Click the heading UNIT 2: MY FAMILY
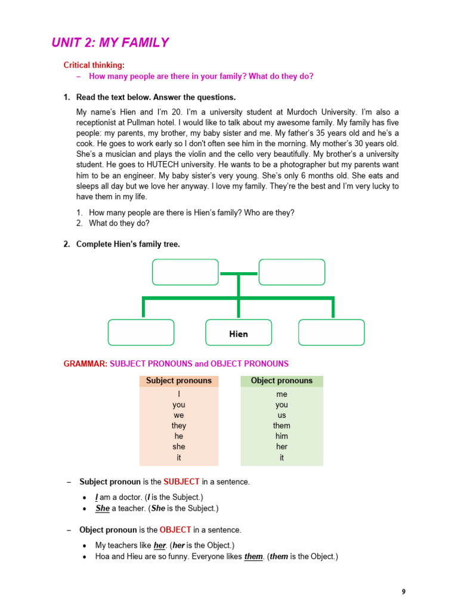110,42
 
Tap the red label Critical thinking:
94,66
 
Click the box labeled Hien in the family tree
239,333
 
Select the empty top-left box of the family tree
185,272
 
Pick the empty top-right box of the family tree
292,272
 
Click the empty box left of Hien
141,332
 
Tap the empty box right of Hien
331,332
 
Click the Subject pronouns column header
179,381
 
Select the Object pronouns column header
281,381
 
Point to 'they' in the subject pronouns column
179,425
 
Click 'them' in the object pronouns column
281,425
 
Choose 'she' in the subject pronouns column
179,447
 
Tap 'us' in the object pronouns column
281,415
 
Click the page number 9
404,592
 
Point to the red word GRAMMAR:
85,363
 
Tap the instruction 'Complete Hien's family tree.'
128,244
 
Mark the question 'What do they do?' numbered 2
119,223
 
